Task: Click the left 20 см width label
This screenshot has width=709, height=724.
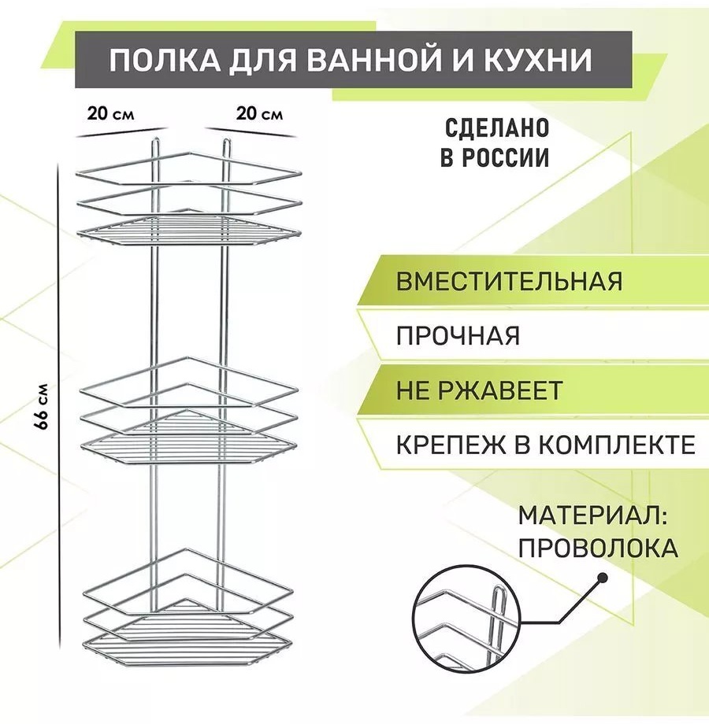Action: tap(110, 113)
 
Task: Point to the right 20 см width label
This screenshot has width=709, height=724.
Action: tap(259, 113)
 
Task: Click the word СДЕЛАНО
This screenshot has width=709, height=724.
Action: tap(497, 128)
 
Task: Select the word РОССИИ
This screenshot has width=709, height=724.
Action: tap(506, 157)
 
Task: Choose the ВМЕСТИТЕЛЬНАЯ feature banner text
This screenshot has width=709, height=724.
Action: tap(510, 281)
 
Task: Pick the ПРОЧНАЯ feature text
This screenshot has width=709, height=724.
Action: tap(458, 336)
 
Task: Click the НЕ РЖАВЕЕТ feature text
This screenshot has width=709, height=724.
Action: tap(479, 390)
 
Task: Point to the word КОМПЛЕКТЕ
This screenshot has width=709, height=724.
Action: tap(617, 445)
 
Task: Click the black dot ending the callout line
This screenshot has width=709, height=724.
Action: tap(602, 578)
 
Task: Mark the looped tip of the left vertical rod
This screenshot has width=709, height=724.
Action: tap(155, 139)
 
